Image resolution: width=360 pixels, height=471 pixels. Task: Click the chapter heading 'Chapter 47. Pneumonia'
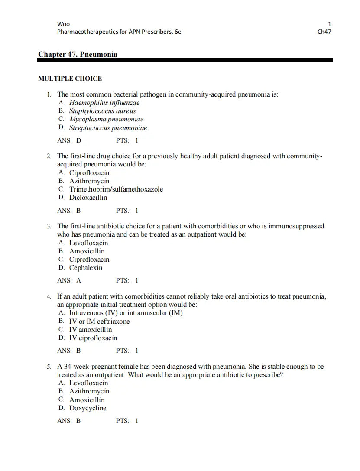78,54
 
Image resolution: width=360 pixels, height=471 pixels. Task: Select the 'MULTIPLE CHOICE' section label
70,78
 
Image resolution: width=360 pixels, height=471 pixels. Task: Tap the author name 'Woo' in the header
63,24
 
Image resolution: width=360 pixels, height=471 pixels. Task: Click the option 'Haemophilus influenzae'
104,103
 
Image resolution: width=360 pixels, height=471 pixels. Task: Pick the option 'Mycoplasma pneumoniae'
106,119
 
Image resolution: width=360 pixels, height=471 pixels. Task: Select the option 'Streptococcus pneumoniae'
108,128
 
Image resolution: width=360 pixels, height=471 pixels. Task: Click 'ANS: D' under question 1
69,140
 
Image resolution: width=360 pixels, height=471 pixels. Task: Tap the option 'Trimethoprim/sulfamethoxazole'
116,189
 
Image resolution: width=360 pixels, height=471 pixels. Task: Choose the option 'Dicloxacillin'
88,198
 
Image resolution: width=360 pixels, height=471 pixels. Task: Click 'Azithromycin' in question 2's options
89,181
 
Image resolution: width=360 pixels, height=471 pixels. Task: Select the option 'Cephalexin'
86,268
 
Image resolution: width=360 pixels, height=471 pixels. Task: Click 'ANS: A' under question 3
69,280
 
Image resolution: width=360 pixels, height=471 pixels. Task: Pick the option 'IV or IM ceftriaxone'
99,322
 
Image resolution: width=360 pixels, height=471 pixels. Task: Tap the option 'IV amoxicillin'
91,330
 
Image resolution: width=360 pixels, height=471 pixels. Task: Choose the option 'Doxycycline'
88,408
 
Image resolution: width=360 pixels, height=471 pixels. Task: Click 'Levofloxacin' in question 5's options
88,383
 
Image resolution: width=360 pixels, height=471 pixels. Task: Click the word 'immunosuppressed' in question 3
296,226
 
